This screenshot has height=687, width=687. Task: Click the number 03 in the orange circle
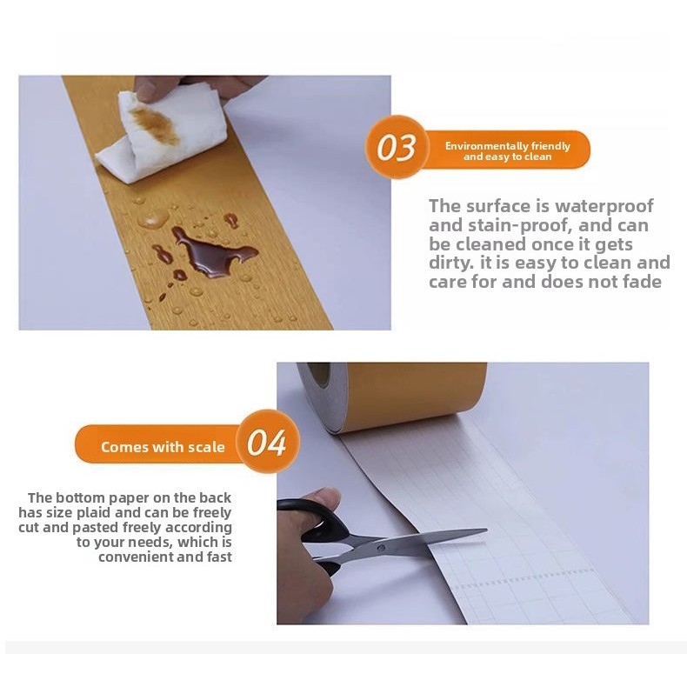(396, 147)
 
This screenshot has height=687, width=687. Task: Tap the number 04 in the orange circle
(266, 443)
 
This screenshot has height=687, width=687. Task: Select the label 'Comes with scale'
(163, 447)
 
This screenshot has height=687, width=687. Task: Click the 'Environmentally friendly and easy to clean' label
(507, 151)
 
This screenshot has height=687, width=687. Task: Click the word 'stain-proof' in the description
(518, 225)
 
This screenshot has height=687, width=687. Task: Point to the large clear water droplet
(153, 218)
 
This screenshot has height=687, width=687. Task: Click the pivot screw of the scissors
(381, 548)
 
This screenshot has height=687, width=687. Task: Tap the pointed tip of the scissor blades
(486, 530)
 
